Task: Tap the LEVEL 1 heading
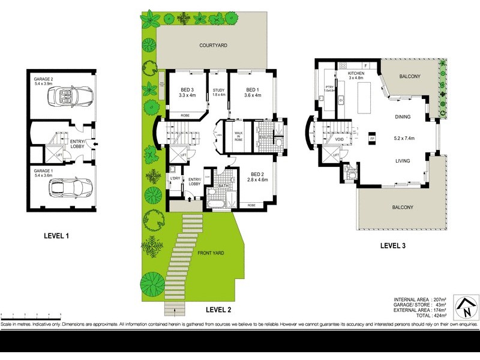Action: click(61, 235)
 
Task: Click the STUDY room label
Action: click(218, 91)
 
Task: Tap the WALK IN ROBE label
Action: click(238, 135)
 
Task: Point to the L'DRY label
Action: click(175, 179)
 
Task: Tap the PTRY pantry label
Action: click(329, 87)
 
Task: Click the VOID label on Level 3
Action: click(338, 139)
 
